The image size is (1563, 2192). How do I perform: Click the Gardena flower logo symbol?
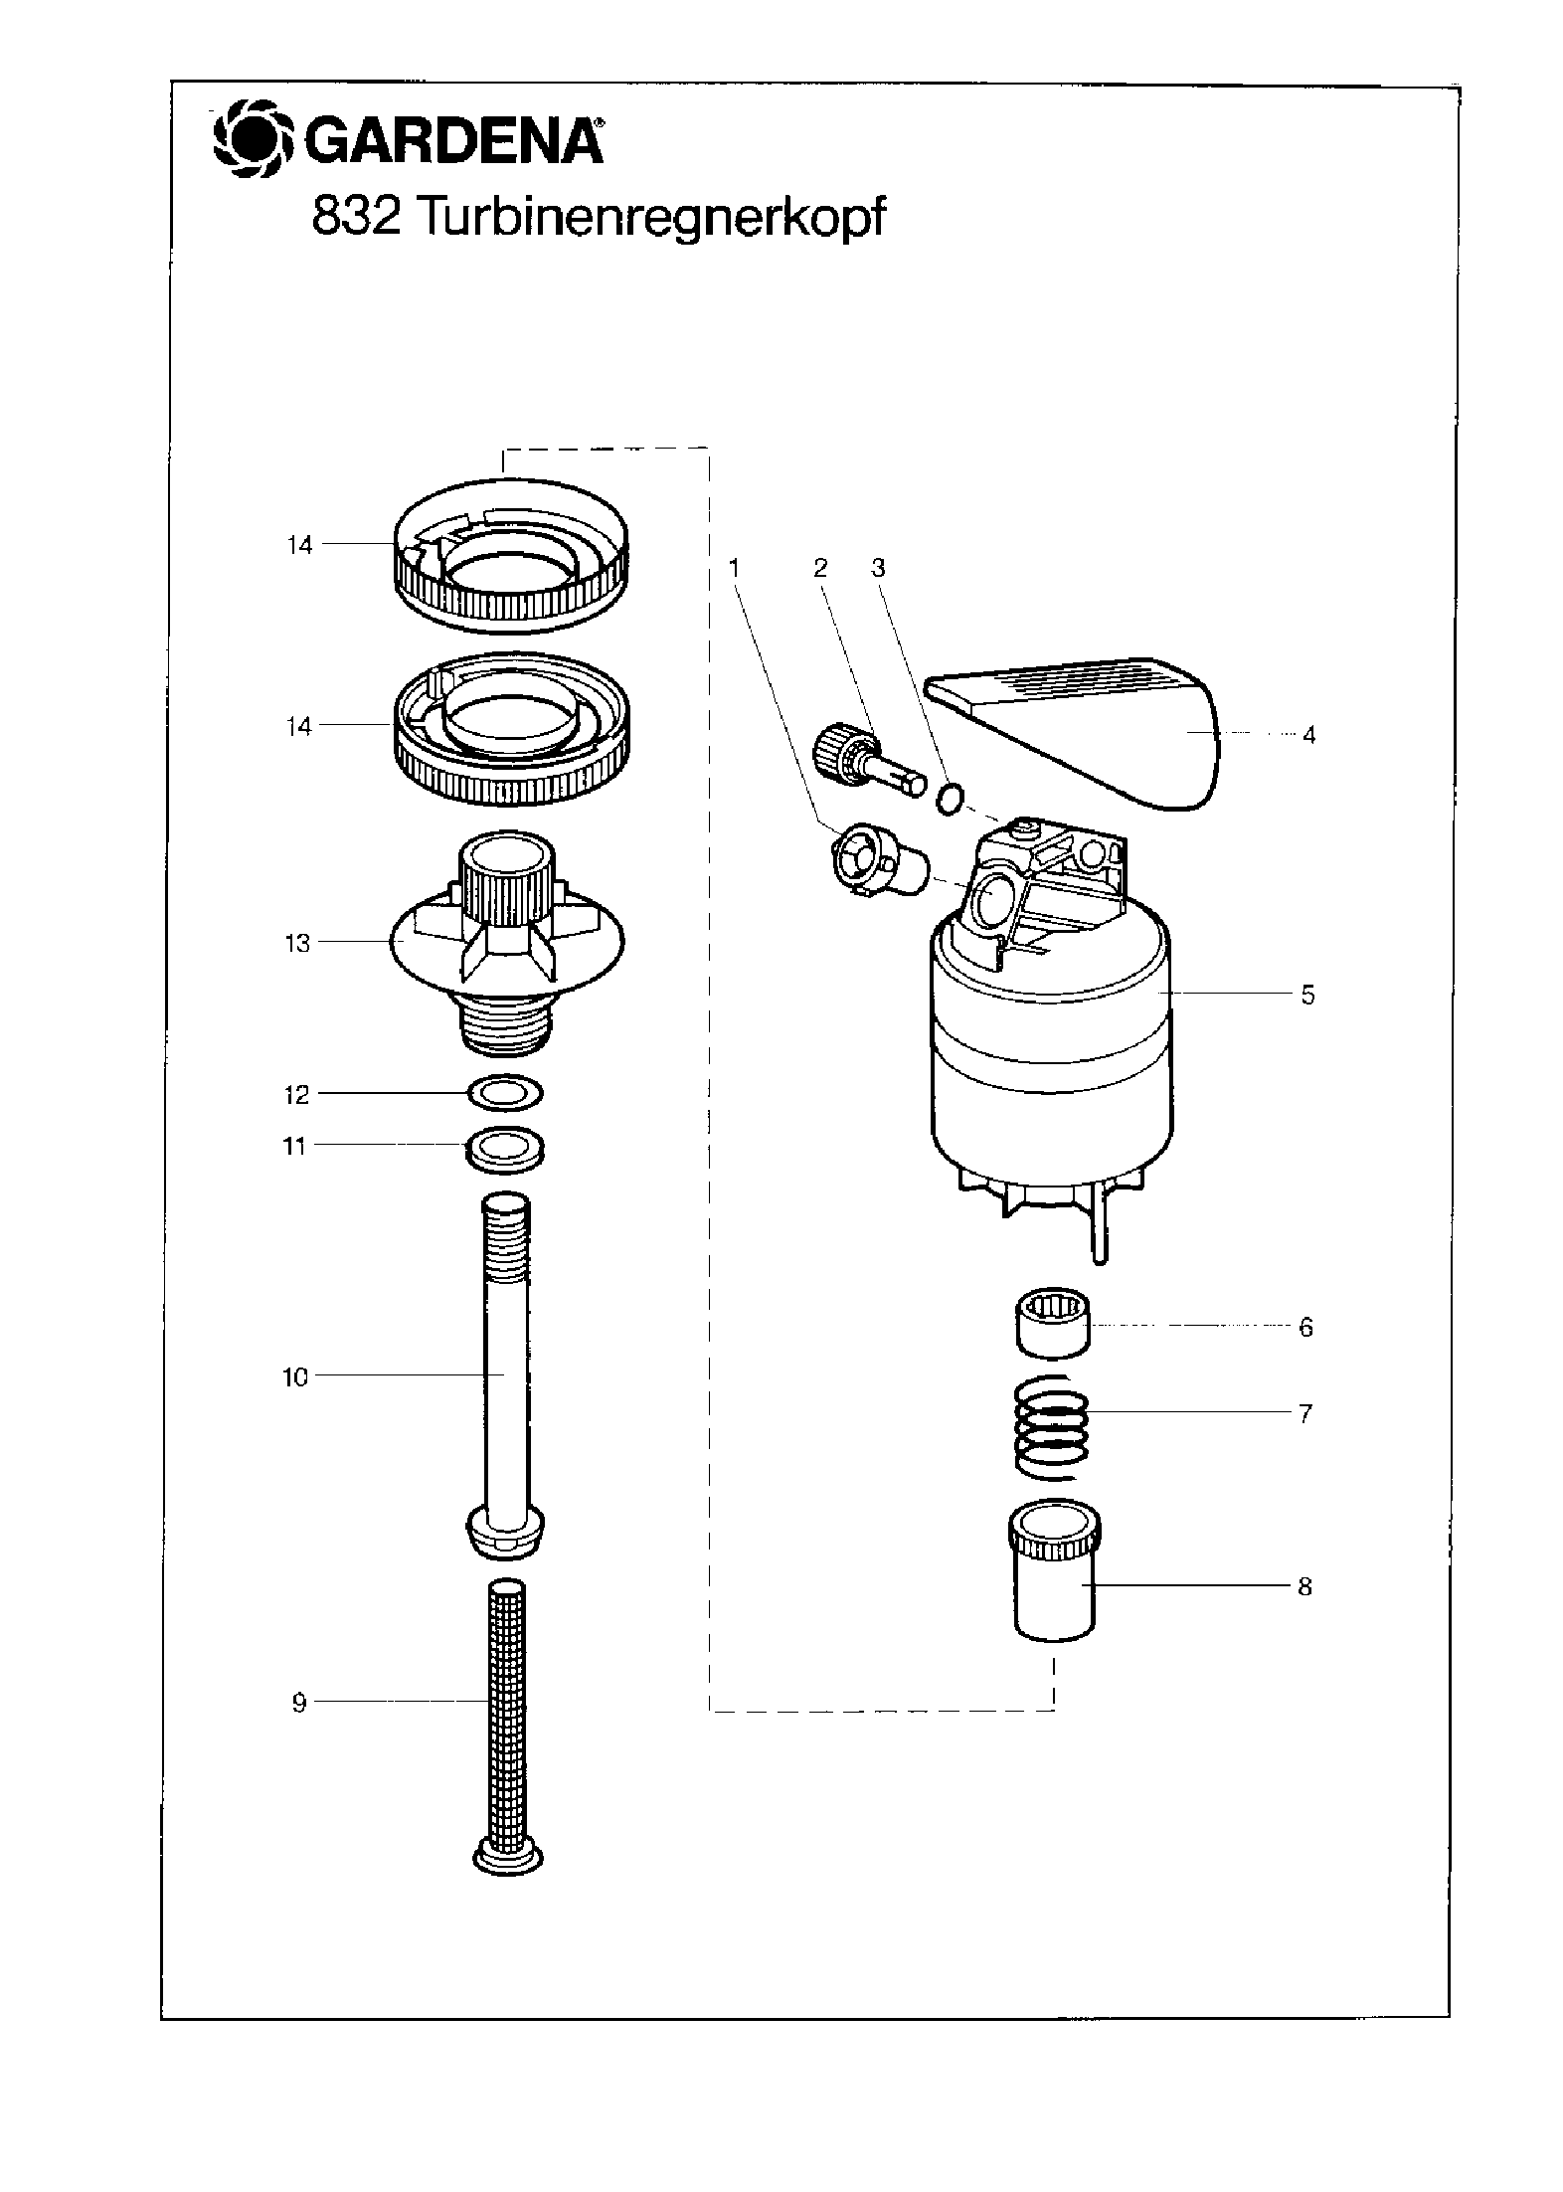(255, 142)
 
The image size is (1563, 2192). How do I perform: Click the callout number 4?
(1308, 735)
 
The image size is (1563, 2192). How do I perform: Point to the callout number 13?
(298, 943)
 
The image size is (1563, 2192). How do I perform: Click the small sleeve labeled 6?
(1052, 1324)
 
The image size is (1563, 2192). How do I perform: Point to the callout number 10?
(295, 1377)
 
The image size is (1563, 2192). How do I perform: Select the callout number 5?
(1307, 995)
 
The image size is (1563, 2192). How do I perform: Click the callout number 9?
(299, 1703)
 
